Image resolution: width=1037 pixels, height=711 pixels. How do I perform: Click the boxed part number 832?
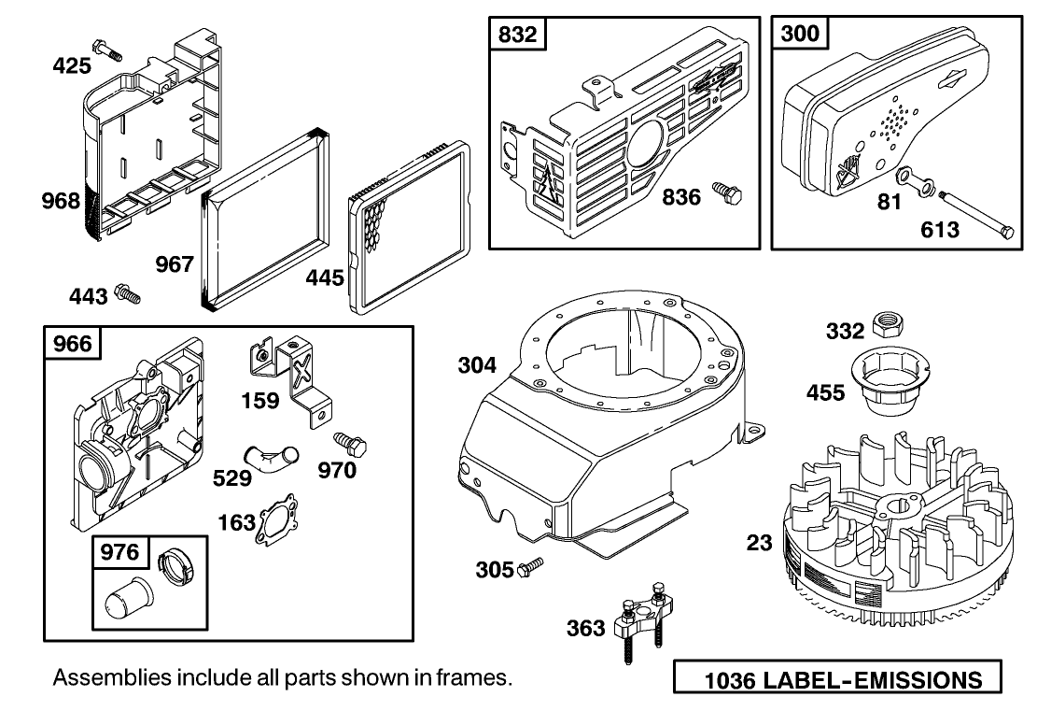(516, 35)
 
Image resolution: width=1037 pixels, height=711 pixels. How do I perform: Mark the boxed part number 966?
(71, 344)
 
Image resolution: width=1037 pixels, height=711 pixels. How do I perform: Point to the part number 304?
(477, 365)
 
